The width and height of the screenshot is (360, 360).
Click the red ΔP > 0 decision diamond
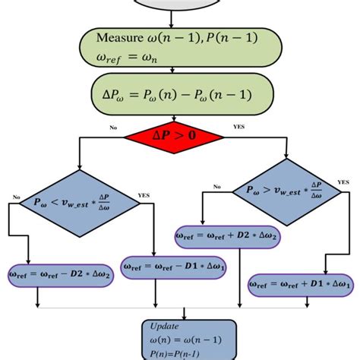tap(174, 136)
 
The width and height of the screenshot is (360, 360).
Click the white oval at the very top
tap(179, 6)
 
